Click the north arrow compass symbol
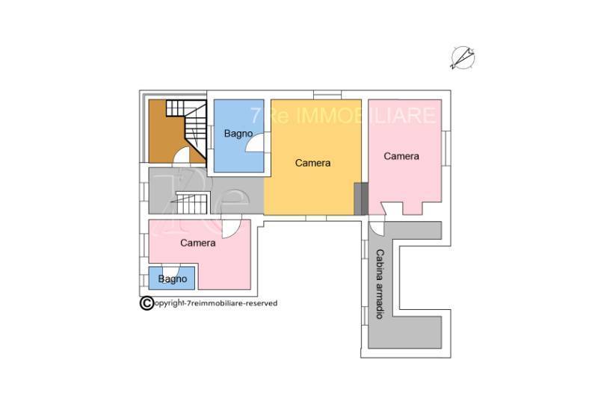462,58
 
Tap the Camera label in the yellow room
312,163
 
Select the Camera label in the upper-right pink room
401,156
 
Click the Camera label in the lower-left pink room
198,243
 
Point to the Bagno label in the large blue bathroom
238,134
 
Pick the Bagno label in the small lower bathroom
173,279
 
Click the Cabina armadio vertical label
380,284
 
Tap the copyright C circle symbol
147,304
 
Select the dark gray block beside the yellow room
361,199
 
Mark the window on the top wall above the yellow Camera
327,94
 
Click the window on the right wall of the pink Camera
446,148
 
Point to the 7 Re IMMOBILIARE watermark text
342,116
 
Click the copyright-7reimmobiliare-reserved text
215,304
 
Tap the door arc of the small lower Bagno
171,268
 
